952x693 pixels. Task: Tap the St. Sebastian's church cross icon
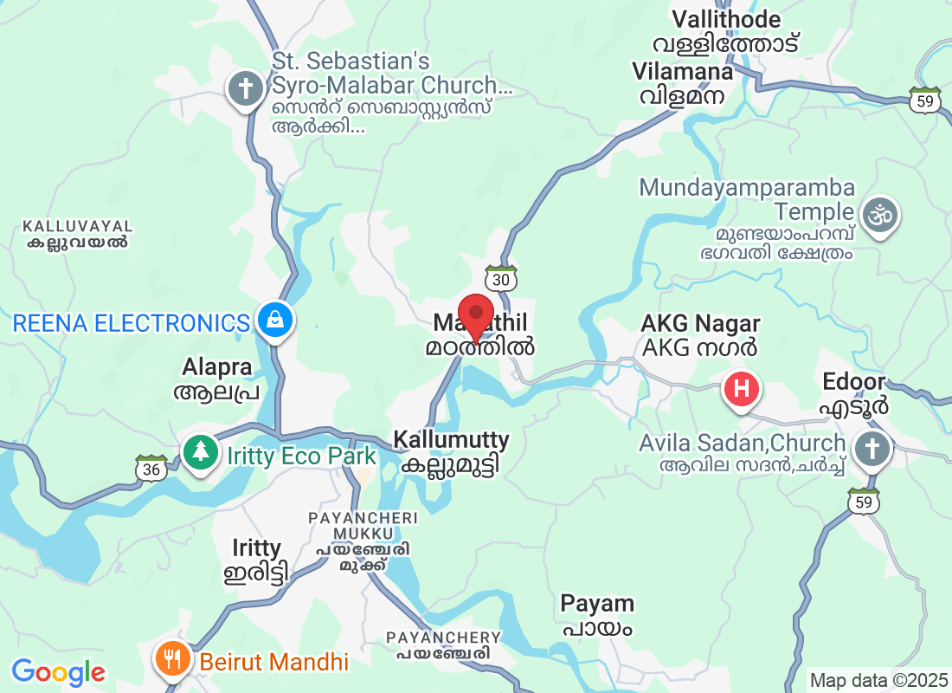click(246, 89)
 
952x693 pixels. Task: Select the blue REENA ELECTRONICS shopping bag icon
click(274, 321)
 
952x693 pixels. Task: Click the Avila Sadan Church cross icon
click(872, 450)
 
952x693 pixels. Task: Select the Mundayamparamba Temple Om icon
click(880, 214)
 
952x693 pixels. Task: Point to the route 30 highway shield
click(501, 279)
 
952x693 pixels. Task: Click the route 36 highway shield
click(151, 468)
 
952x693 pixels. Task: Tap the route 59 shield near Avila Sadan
click(864, 502)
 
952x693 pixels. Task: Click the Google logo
click(58, 671)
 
